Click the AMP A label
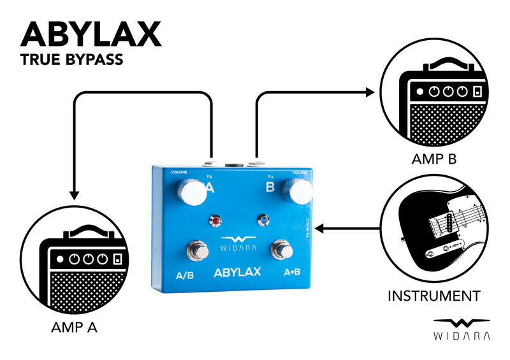click(73, 329)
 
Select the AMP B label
click(435, 159)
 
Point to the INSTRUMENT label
click(433, 296)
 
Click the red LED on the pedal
click(216, 221)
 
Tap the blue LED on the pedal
click(263, 220)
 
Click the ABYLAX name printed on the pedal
click(234, 272)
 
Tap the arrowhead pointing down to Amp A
click(75, 194)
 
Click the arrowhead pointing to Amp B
click(370, 92)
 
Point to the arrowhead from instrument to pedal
click(322, 228)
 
